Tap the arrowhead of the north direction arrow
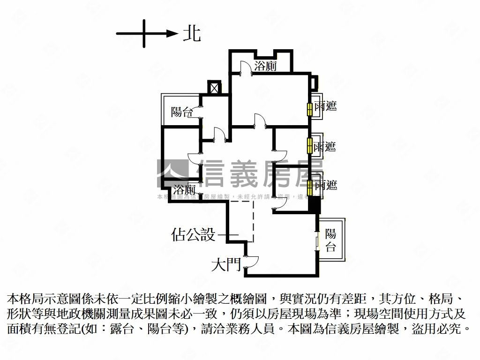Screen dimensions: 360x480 [172, 33]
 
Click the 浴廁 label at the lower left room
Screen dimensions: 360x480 [184, 190]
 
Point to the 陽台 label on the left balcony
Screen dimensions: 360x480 [182, 112]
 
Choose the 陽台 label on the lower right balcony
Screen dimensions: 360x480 [331, 240]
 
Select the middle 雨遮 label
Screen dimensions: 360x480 [325, 146]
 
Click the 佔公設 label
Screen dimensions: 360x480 [194, 234]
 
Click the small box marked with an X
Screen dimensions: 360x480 [214, 88]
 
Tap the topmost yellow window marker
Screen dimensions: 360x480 [309, 109]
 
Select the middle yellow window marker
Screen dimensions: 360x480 [309, 145]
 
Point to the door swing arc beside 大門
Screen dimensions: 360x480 [251, 262]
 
